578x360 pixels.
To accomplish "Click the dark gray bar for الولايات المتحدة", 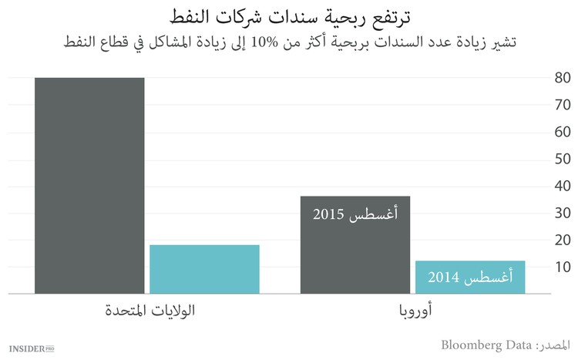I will pos(89,185).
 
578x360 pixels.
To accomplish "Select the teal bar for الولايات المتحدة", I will pos(204,269).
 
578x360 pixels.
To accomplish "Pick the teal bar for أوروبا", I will pos(470,278).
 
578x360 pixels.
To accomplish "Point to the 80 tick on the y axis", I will pos(563,78).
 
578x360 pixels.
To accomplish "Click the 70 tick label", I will pos(563,105).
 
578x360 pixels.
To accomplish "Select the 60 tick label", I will pos(563,132).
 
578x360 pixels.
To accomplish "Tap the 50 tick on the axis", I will pos(563,159).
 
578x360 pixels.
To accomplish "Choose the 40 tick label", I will pos(563,186).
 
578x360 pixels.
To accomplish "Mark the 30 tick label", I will pos(563,213).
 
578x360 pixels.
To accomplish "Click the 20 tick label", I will pos(563,240).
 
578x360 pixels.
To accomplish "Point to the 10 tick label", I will pos(563,267).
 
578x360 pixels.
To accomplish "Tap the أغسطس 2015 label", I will pos(355,214).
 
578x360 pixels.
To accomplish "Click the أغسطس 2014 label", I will pos(469,277).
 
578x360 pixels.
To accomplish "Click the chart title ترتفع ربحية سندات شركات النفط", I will pos(288,15).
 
